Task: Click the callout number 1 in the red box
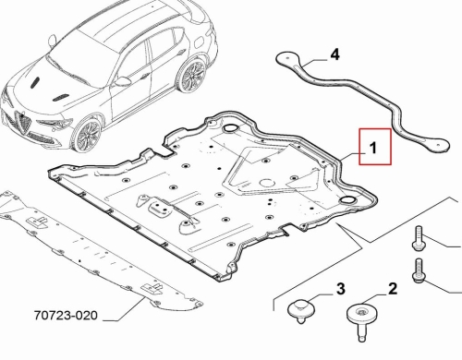click(x=373, y=148)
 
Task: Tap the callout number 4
click(x=334, y=54)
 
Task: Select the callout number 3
click(x=341, y=289)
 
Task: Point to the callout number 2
click(x=393, y=289)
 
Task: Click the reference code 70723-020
click(x=66, y=316)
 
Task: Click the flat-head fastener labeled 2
click(x=362, y=320)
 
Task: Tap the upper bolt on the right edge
click(x=419, y=238)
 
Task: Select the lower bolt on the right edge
click(x=419, y=270)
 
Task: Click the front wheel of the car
click(x=87, y=135)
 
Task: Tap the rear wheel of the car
click(x=192, y=77)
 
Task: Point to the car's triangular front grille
click(x=24, y=123)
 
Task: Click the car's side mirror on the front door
click(x=123, y=81)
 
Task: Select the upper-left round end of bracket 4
click(x=287, y=58)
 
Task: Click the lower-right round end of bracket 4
click(x=437, y=146)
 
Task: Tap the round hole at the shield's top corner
click(x=230, y=128)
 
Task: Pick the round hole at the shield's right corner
click(x=347, y=199)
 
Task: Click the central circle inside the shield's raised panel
click(x=267, y=183)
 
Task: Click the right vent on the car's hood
click(x=60, y=97)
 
